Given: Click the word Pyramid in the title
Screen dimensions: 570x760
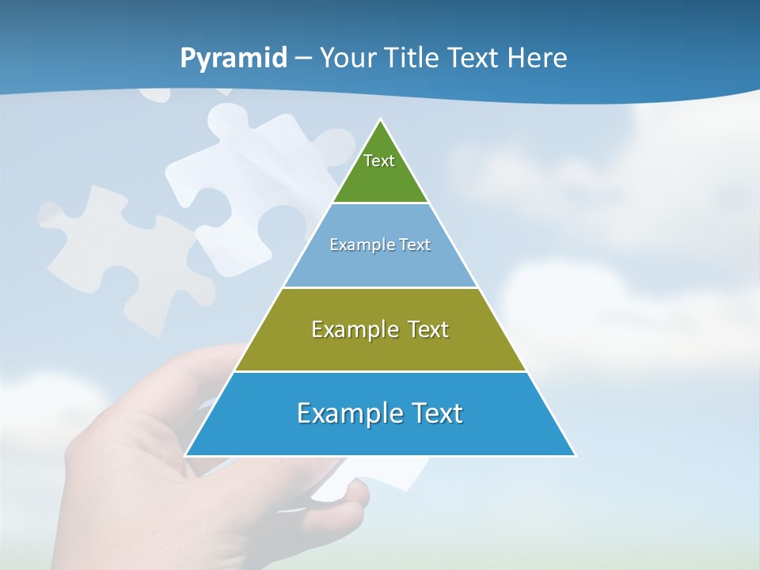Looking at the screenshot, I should coord(233,59).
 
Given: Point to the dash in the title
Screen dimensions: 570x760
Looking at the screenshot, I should coord(302,59).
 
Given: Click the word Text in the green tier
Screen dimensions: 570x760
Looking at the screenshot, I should coord(379,161).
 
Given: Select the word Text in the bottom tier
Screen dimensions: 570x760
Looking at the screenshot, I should coord(435,413).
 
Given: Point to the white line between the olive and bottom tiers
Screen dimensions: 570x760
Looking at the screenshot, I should coord(380,371).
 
